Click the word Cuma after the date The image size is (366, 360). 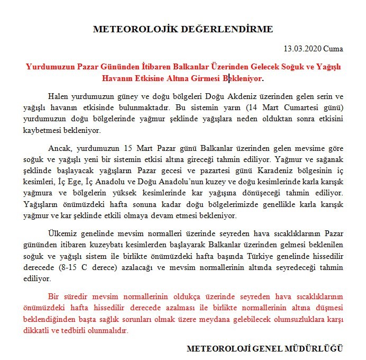click(x=333, y=49)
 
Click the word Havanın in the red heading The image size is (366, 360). click(x=117, y=78)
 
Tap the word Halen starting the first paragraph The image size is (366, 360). click(x=58, y=96)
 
